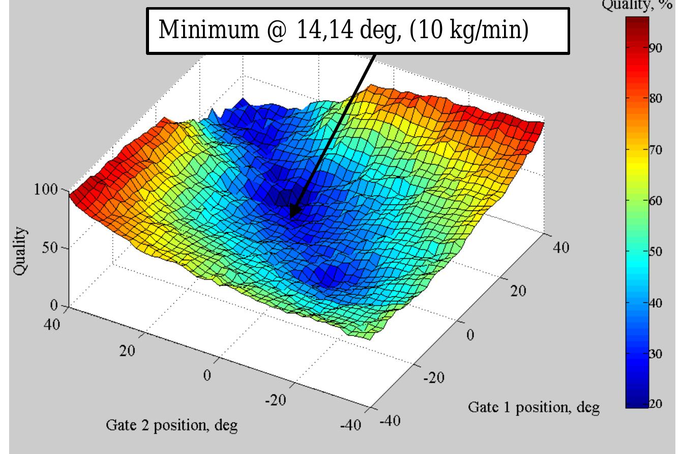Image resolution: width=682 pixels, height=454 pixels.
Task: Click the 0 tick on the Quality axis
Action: click(57, 306)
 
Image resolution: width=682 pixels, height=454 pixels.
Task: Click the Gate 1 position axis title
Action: click(534, 407)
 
